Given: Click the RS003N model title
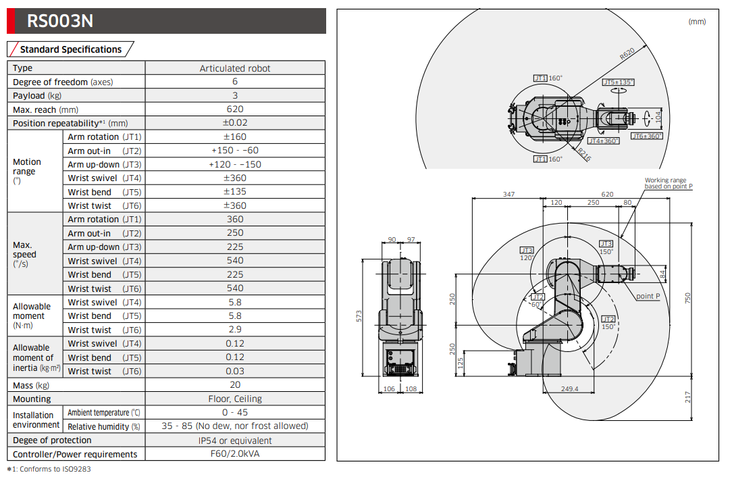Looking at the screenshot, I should [x=59, y=21].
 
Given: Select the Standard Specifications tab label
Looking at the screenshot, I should [x=70, y=49].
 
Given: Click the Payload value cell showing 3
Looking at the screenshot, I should [x=235, y=95].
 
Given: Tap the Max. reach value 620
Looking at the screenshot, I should [x=235, y=109].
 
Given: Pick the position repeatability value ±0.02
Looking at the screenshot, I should [x=235, y=123].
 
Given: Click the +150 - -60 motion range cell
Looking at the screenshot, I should [x=235, y=151].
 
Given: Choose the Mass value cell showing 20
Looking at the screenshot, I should [x=235, y=385].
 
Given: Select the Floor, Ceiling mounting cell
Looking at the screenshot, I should [x=235, y=399].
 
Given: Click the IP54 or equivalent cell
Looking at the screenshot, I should [x=235, y=440].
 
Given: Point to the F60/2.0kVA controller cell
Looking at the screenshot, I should [x=235, y=454].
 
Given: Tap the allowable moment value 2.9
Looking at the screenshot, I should [x=235, y=330].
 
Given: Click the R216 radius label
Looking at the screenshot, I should [x=584, y=155].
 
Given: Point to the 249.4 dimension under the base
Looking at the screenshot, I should [x=570, y=388].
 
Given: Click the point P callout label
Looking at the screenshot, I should [x=648, y=297].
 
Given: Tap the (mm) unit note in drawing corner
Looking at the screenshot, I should [x=696, y=22].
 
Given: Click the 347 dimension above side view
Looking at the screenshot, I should [x=509, y=194].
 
